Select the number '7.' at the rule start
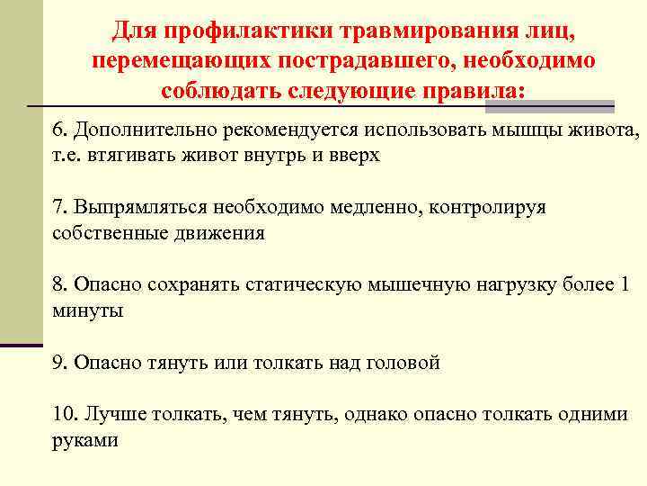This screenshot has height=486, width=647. tap(60, 207)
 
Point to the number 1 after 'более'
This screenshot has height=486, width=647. tap(625, 285)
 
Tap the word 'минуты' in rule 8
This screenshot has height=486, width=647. tap(87, 310)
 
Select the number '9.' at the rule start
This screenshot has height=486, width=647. tap(60, 363)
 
